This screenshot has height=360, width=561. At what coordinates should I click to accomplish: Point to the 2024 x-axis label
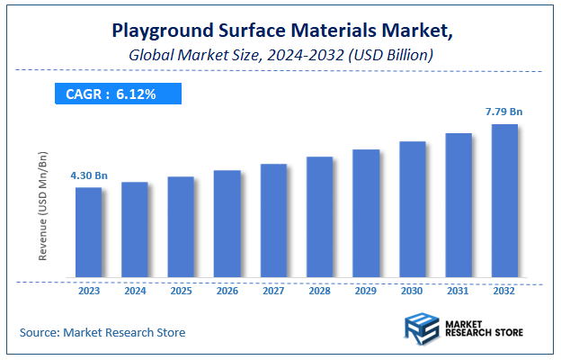click(x=134, y=292)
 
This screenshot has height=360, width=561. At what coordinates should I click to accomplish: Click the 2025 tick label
click(x=181, y=292)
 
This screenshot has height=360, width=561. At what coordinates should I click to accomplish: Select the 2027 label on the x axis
click(x=273, y=292)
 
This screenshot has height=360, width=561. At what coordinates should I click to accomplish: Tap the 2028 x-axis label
click(x=319, y=292)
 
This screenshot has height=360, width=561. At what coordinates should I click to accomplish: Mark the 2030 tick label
click(x=412, y=292)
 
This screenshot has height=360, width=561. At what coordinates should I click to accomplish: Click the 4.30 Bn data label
click(x=88, y=175)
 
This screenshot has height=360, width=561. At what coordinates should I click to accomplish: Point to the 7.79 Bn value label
click(x=504, y=112)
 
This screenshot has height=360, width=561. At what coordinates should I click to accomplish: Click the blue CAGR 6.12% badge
click(x=118, y=93)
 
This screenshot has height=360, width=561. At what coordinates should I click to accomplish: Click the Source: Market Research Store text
click(x=102, y=333)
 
